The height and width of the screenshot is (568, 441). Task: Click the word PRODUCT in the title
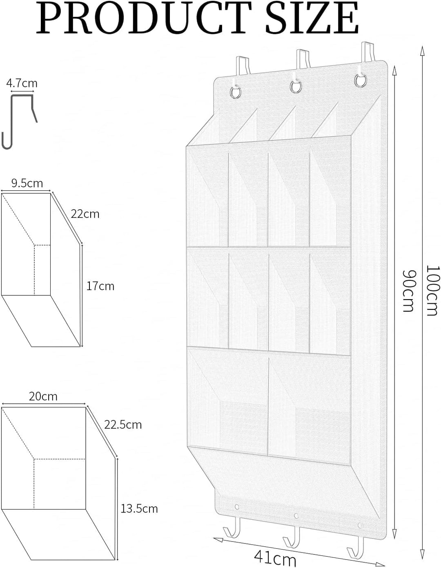(x=144, y=18)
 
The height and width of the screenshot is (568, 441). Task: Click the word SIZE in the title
(x=312, y=18)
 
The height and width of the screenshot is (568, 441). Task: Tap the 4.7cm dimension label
(x=22, y=83)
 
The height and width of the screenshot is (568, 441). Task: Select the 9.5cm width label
(x=27, y=183)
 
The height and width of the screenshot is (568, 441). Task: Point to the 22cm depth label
(x=85, y=214)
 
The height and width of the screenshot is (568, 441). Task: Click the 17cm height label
(x=100, y=286)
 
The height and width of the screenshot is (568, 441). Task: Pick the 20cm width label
(x=43, y=396)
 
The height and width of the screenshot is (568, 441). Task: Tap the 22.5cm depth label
(x=123, y=425)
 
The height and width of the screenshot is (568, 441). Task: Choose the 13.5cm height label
(x=139, y=509)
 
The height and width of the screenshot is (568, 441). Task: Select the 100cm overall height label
(x=432, y=291)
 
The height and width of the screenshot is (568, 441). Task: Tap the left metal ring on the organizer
(x=235, y=92)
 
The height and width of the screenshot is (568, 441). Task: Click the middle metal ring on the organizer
(x=296, y=87)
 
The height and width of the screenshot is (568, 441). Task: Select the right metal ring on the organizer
(x=360, y=81)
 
